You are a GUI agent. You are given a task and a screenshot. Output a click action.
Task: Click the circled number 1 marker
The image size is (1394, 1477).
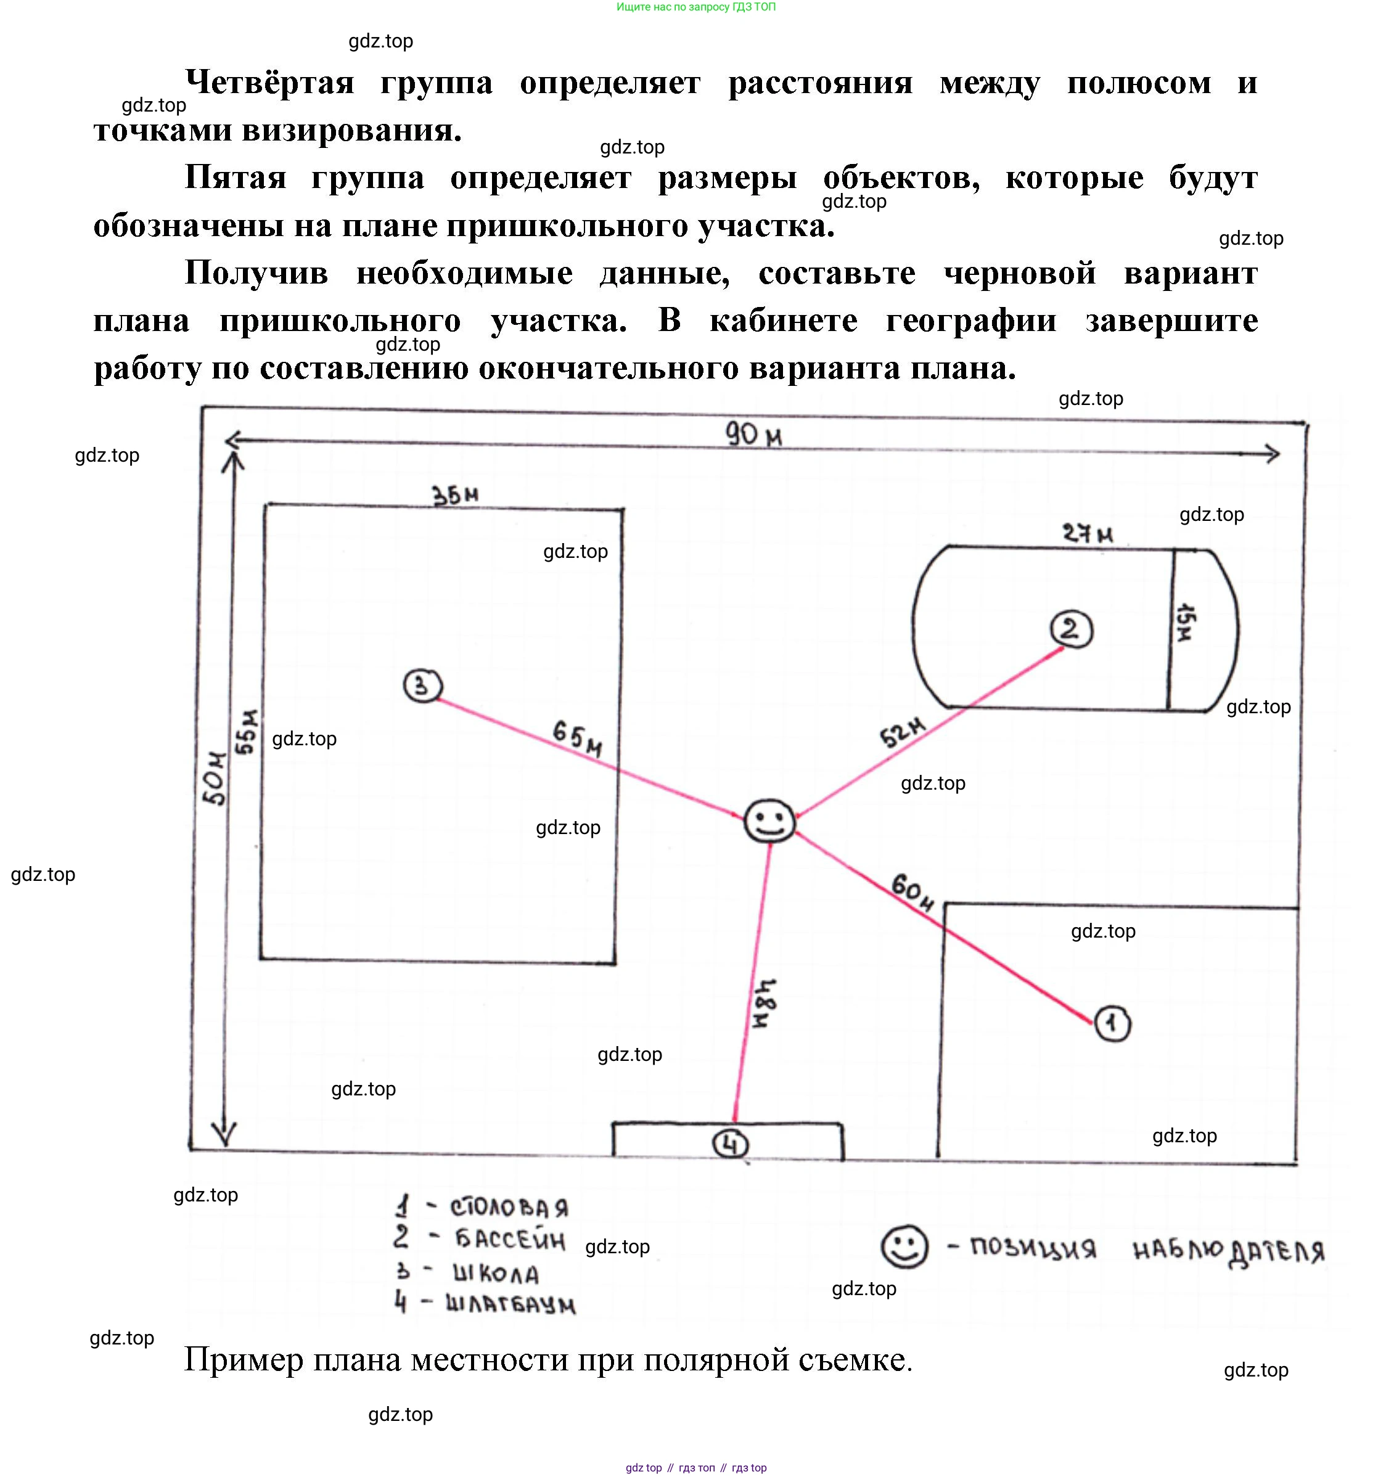(1112, 1024)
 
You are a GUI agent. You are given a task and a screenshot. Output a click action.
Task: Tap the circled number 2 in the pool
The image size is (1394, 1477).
(1072, 630)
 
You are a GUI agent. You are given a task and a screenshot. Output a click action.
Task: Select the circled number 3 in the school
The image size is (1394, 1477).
(423, 685)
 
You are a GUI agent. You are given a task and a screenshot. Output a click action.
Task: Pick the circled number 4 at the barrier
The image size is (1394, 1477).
(731, 1145)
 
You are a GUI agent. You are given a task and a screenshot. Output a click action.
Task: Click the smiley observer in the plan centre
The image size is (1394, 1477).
(770, 821)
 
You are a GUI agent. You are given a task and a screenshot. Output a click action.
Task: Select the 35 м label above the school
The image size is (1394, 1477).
(456, 496)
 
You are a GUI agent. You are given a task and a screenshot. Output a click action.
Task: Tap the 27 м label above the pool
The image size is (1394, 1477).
(1088, 533)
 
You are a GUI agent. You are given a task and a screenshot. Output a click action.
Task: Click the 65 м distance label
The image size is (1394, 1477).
(577, 738)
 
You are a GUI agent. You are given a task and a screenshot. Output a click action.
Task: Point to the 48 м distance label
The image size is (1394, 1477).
(763, 1002)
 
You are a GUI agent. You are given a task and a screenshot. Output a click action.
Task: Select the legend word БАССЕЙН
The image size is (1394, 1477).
(510, 1239)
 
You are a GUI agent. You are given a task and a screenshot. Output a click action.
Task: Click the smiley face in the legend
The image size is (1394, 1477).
(904, 1246)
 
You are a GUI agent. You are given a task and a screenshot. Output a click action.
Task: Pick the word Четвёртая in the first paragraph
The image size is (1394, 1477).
(269, 83)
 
